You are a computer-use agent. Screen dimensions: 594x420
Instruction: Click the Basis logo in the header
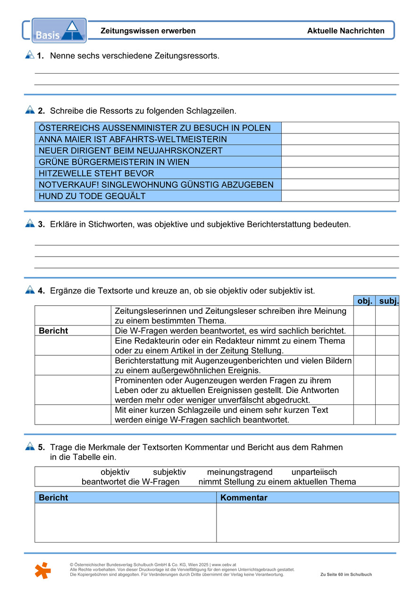(x=59, y=31)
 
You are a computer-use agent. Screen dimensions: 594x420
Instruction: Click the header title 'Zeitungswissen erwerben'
(x=148, y=31)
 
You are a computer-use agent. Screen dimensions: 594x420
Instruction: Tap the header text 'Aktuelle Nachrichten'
(x=345, y=31)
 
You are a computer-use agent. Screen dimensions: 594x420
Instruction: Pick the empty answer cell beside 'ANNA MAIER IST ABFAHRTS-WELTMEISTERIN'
(x=340, y=139)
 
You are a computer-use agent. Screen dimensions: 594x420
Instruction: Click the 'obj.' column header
(x=365, y=301)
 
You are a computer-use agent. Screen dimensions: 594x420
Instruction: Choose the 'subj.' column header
(x=389, y=301)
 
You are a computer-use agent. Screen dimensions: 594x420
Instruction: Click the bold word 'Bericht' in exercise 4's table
(x=53, y=331)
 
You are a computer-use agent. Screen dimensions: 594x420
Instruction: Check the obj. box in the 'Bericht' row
(x=364, y=331)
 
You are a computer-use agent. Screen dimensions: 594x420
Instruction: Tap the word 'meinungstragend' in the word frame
(x=240, y=472)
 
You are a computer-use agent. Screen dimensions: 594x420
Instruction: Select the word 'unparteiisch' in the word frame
(x=314, y=472)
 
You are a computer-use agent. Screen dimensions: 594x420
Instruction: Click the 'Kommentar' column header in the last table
(x=244, y=498)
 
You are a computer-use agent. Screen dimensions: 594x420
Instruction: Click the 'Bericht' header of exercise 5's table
(x=53, y=498)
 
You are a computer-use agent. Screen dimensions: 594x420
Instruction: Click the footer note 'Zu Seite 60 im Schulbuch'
(x=346, y=575)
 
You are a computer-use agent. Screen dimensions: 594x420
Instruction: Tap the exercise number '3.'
(x=41, y=225)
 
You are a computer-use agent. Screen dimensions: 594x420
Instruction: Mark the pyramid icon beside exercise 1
(x=30, y=55)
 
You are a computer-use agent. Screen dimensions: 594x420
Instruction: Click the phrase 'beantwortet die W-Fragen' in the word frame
(x=131, y=482)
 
